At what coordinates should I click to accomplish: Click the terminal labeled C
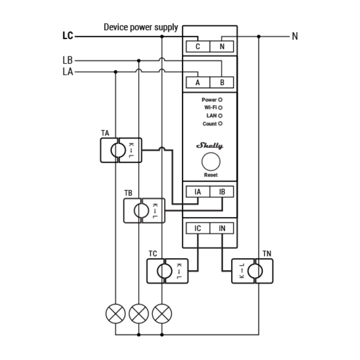coord(198,46)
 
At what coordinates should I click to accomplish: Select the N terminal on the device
coord(222,46)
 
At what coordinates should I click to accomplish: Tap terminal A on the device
coord(198,82)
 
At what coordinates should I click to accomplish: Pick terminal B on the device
coord(222,82)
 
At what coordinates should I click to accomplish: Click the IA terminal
coord(198,192)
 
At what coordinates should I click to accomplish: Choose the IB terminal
coord(222,192)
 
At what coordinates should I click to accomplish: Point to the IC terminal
coord(198,228)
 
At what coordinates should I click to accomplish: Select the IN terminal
coord(222,228)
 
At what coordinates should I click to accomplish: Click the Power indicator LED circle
coord(220,100)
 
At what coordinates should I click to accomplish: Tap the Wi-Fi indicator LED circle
coord(220,107)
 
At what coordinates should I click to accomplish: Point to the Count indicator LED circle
coord(220,123)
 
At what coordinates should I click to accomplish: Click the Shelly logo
coord(210,146)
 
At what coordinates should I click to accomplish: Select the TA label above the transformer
coord(105,133)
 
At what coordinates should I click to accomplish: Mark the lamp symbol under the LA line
coord(116,314)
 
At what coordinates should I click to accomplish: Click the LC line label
coord(68,36)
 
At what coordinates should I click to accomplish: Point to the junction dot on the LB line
coord(139,60)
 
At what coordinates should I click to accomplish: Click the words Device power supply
coord(141,27)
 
